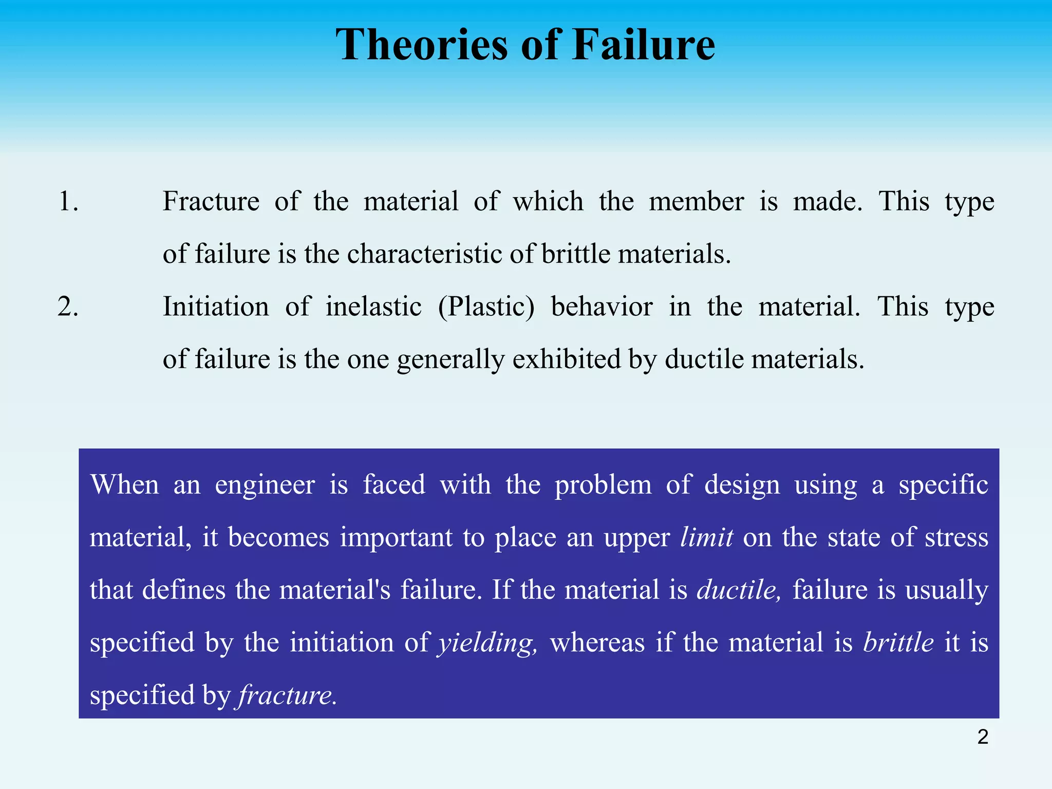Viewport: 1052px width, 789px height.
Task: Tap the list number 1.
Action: point(68,201)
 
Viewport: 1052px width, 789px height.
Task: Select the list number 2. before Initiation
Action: point(68,307)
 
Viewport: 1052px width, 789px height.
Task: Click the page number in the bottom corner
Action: point(983,737)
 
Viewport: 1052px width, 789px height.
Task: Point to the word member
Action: point(696,201)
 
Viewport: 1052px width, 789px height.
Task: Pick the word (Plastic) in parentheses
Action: point(486,307)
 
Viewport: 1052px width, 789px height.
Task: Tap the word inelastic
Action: point(373,307)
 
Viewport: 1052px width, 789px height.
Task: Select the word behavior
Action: point(602,307)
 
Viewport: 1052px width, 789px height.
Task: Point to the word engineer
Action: point(265,485)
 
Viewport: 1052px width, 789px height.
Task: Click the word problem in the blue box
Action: point(603,485)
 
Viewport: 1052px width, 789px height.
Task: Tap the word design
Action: point(742,485)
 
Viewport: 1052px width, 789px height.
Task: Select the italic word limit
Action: point(706,538)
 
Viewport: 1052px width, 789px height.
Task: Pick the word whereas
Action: point(597,643)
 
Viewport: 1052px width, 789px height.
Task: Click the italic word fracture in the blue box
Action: point(287,696)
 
